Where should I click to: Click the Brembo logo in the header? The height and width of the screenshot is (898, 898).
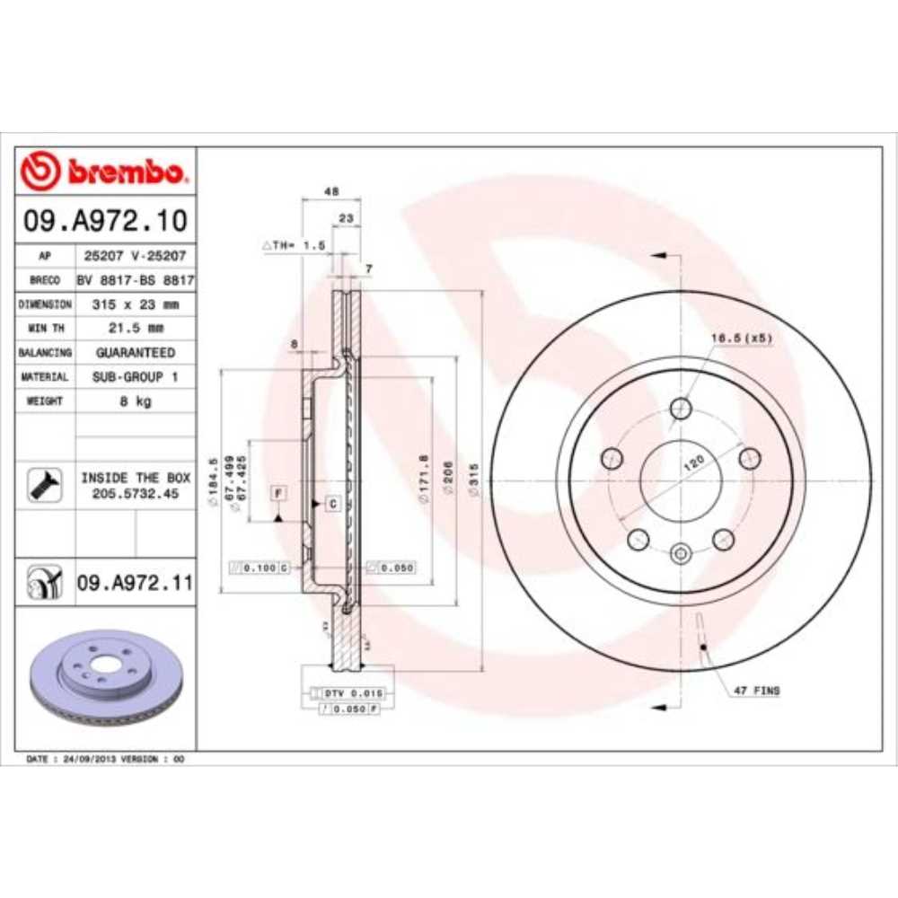[x=105, y=172]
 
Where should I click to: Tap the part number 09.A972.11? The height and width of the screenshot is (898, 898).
[x=135, y=584]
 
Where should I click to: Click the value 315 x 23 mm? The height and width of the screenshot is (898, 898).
[x=135, y=304]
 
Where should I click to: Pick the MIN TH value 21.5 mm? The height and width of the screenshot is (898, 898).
[x=135, y=329]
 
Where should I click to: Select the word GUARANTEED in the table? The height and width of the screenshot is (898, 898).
[x=135, y=353]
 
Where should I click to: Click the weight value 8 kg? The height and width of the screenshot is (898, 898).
[x=135, y=401]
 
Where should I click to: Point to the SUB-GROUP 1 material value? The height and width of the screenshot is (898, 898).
[x=135, y=377]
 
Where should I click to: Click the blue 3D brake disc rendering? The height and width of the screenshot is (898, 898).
[x=106, y=682]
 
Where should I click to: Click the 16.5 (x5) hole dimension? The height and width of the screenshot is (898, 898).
[x=742, y=338]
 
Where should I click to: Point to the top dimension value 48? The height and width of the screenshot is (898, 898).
[x=330, y=191]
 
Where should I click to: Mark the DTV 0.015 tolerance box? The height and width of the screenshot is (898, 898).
[x=347, y=693]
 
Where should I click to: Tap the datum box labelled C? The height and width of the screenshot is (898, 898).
[x=331, y=503]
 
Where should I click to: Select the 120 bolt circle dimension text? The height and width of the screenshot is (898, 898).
[x=693, y=463]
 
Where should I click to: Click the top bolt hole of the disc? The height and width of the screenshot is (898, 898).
[x=680, y=409]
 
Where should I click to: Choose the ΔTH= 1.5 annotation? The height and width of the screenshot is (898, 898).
[x=293, y=244]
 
